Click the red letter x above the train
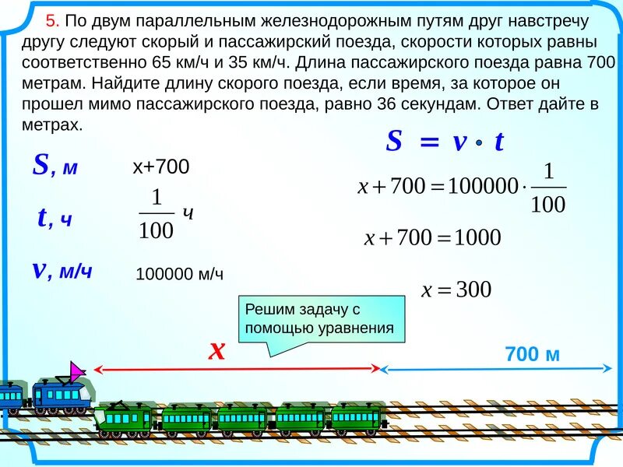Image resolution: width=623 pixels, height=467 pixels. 216,351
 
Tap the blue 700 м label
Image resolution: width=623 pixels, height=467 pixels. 533,354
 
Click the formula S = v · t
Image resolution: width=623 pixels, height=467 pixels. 445,141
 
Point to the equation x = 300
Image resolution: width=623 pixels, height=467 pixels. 456,290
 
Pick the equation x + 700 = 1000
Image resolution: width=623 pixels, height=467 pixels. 433,237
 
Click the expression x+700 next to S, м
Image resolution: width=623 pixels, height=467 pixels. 161,167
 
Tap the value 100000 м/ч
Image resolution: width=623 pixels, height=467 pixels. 180,273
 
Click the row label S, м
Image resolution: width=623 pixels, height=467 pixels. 55,166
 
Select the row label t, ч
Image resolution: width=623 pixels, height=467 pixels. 55,219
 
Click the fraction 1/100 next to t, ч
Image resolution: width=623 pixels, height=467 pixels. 157,215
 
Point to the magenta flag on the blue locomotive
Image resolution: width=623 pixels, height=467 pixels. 78,371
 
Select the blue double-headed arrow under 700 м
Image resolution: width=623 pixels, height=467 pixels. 495,368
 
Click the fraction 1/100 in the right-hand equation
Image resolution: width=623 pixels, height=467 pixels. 548,188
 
